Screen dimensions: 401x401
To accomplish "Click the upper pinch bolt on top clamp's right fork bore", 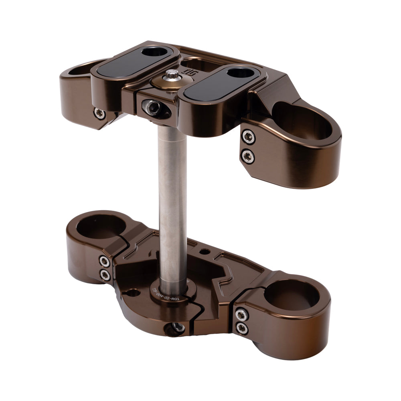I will tap(249, 137).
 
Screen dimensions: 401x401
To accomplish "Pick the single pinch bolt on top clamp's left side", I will tap(99, 113).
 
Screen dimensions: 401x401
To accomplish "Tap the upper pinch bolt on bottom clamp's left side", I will tap(105, 262).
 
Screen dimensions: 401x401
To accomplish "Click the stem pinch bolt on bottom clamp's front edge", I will tap(175, 328).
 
